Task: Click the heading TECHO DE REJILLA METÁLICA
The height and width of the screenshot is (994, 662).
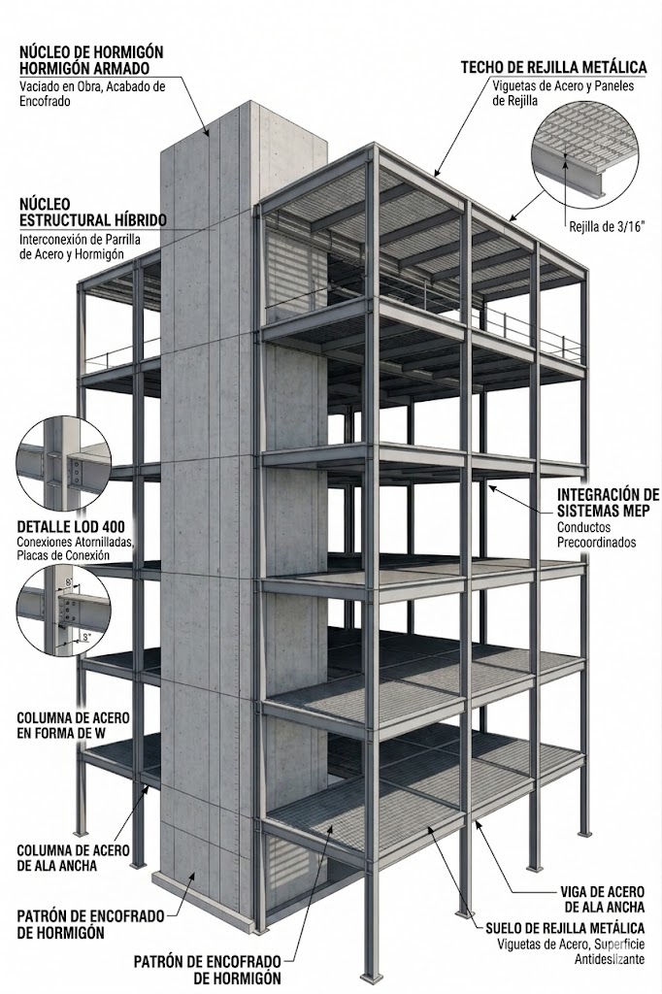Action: [x=553, y=67]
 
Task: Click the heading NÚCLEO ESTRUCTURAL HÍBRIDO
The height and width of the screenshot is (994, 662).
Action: [x=91, y=213]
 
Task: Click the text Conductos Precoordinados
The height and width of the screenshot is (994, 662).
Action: [x=596, y=535]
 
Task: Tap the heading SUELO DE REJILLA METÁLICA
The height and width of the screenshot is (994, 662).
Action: [x=572, y=929]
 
